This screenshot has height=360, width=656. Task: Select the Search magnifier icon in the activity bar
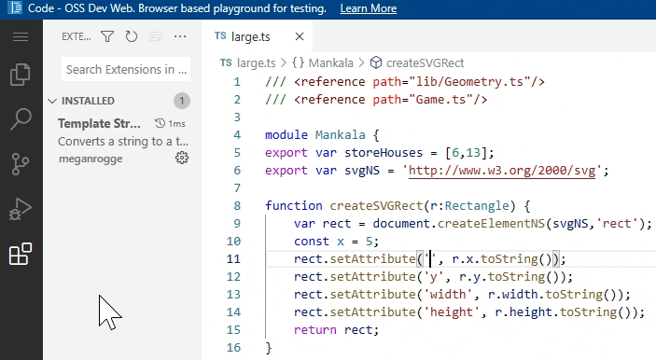click(21, 118)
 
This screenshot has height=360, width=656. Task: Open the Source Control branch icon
click(21, 164)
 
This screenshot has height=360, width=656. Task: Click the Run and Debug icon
click(21, 209)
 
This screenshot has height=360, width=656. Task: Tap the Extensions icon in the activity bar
click(21, 254)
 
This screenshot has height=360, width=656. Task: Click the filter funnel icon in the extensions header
click(107, 37)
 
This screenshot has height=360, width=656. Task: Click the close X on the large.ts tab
click(300, 37)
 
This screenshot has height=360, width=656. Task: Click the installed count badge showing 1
click(182, 101)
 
